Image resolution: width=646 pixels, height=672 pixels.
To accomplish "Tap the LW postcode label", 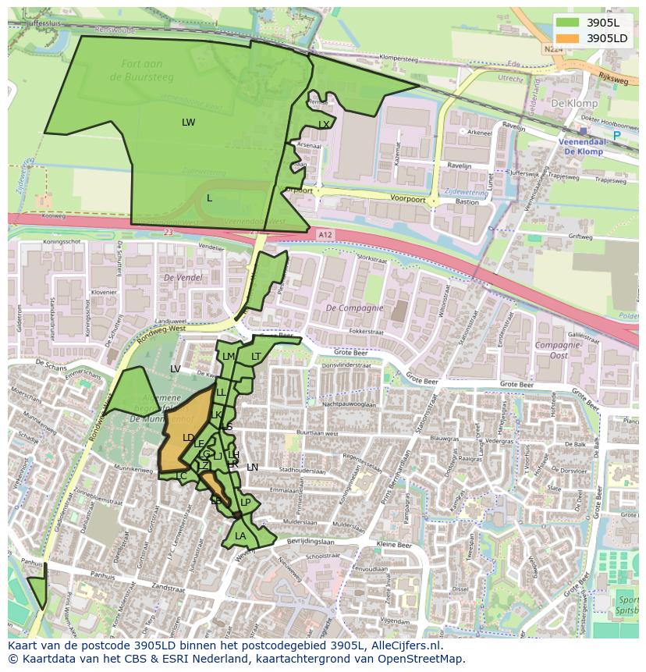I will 188,123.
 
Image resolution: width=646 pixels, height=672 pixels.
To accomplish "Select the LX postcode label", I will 324,125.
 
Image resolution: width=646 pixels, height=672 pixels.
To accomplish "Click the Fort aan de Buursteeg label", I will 147,70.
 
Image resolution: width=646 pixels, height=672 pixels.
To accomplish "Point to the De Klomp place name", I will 573,103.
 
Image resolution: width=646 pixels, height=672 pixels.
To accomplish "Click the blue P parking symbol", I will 616,136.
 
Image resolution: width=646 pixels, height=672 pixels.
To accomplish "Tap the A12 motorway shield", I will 325,233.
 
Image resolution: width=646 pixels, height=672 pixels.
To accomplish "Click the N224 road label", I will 553,48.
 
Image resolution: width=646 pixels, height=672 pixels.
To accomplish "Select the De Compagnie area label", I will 354,308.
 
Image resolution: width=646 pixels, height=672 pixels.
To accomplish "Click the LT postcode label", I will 256,357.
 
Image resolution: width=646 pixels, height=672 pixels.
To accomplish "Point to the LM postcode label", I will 228,357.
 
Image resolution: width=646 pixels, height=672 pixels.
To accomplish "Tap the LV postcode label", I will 176,368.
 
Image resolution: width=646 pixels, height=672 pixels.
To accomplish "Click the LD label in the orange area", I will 188,438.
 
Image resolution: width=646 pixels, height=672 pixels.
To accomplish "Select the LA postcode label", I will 240,536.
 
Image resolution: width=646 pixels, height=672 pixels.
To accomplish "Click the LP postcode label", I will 245,503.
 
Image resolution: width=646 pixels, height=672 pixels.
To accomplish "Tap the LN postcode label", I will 252,468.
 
